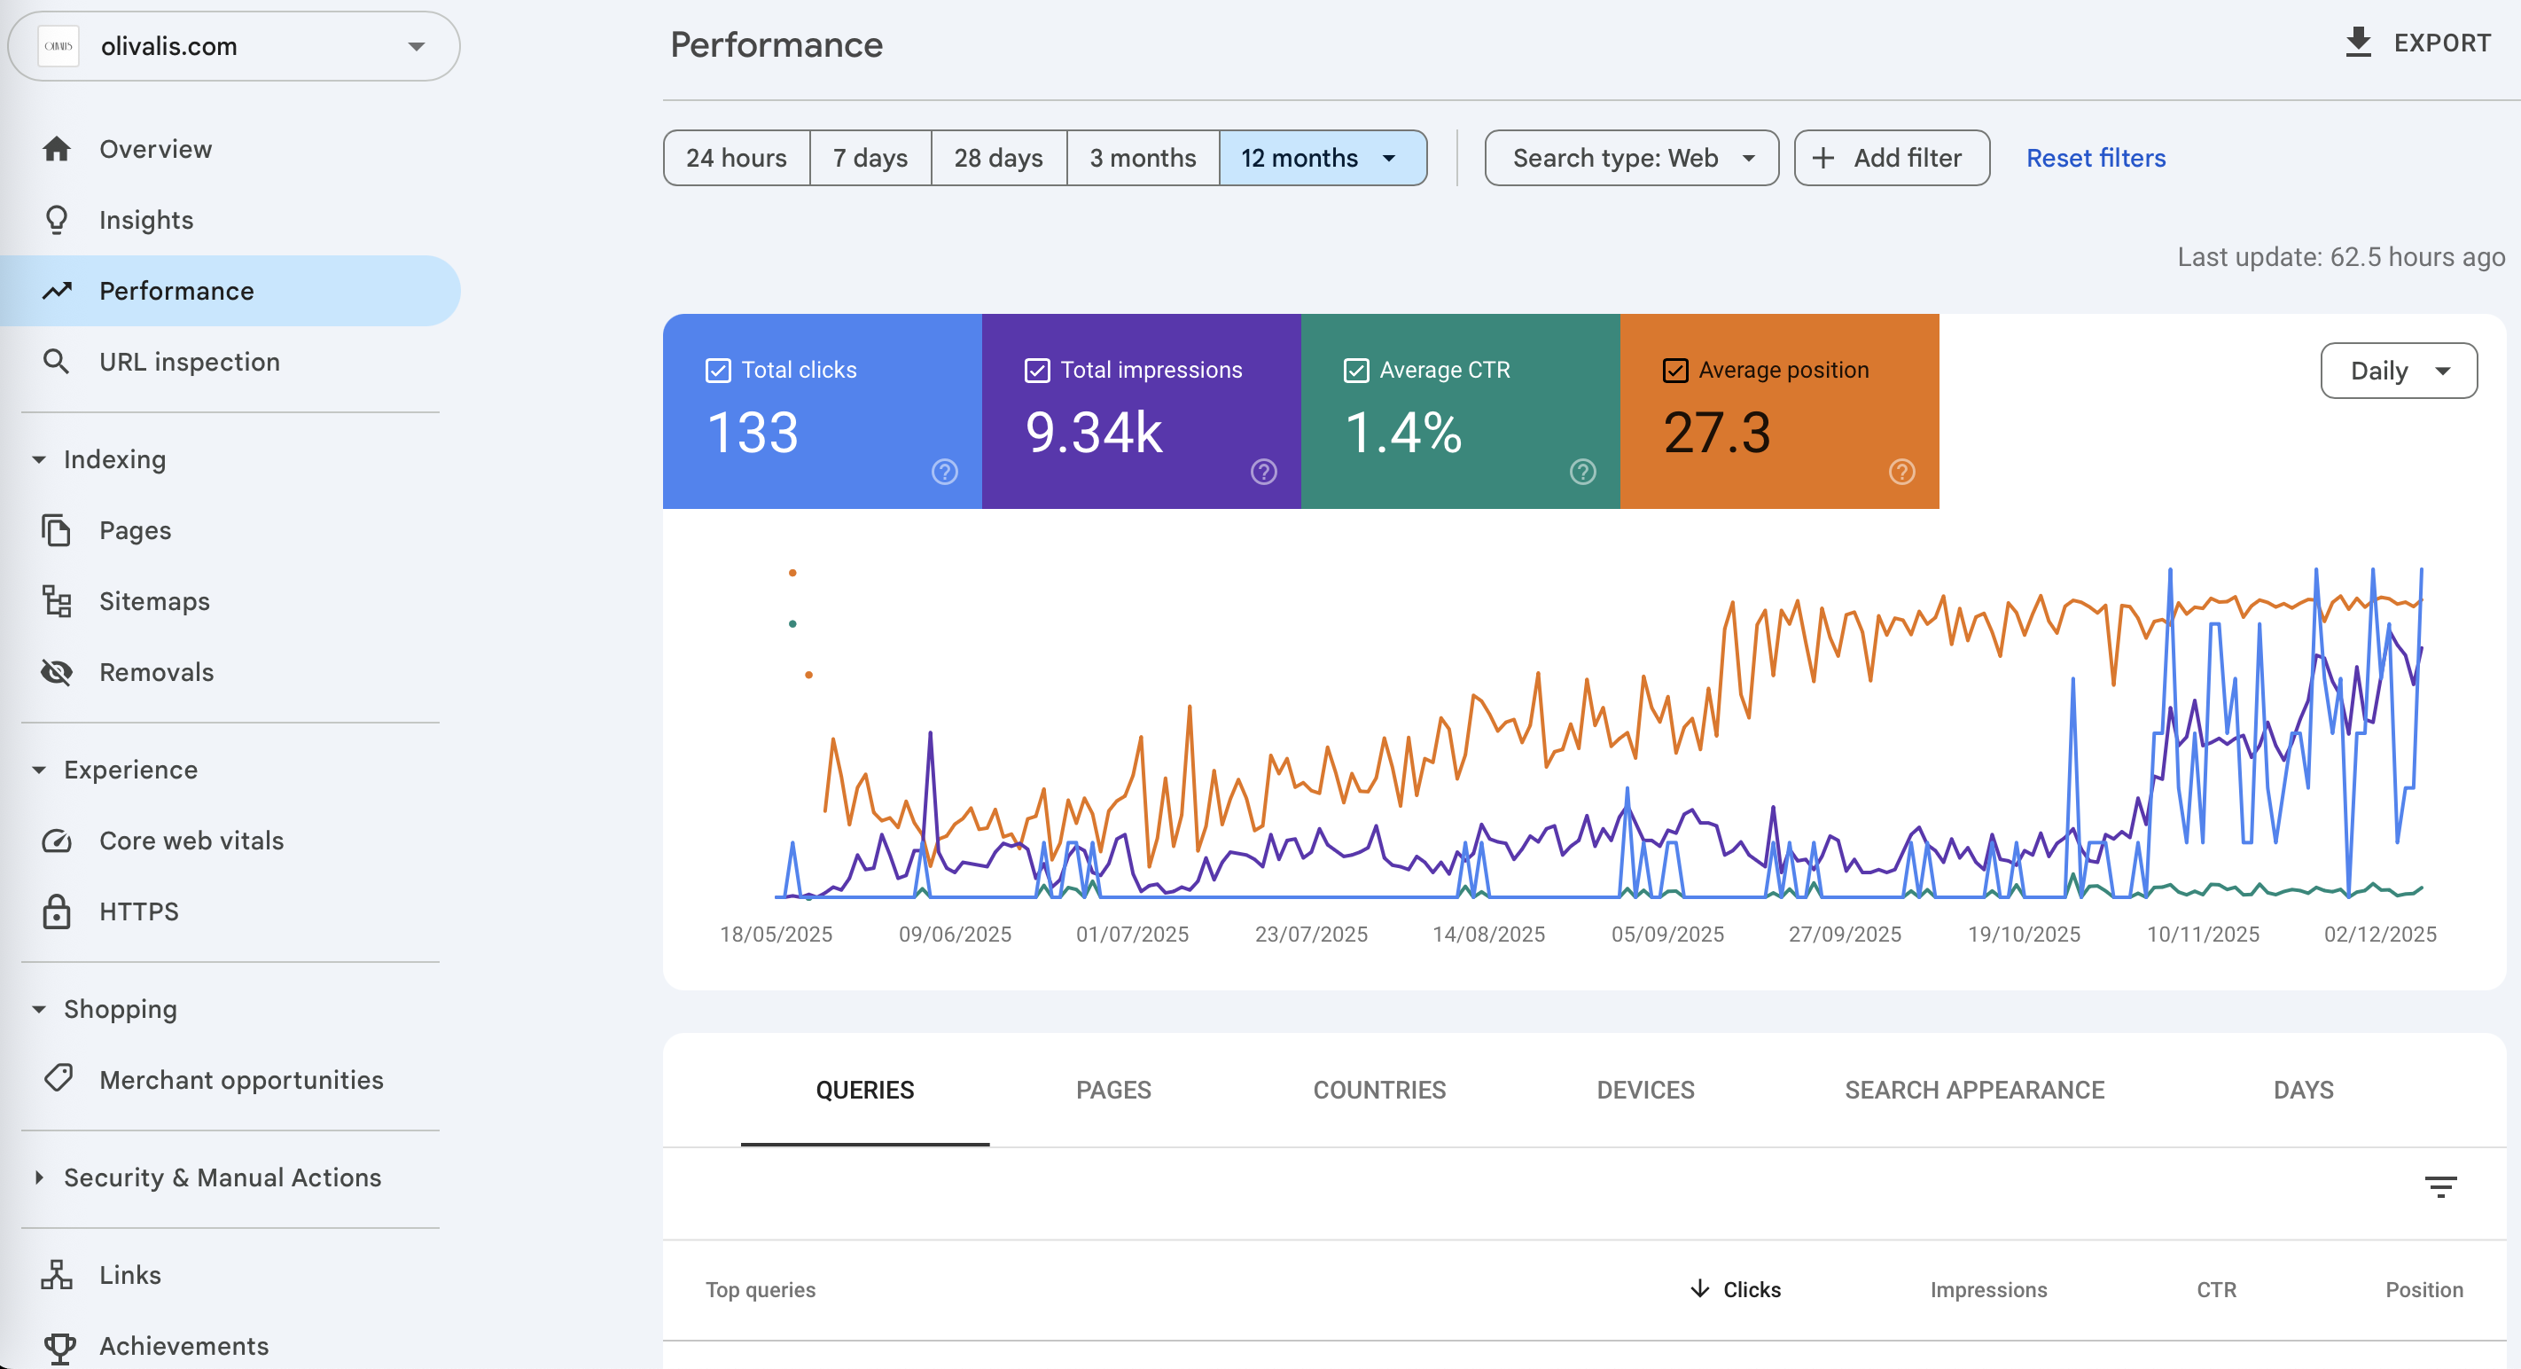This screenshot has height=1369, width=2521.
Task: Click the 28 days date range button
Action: click(x=998, y=158)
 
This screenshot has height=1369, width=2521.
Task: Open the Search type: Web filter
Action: click(x=1630, y=158)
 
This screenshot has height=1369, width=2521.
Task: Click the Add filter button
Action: click(x=1891, y=158)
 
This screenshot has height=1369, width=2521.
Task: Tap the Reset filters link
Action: click(x=2096, y=158)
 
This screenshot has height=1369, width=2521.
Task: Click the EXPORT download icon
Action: click(x=2359, y=43)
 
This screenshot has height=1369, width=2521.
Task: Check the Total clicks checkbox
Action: click(x=718, y=370)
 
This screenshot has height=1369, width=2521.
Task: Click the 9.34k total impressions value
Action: click(x=1093, y=433)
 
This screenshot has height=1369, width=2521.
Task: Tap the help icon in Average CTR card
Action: click(x=1582, y=472)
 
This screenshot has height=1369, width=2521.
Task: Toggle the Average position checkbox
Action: click(x=1675, y=370)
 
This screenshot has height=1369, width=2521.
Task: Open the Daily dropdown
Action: click(x=2398, y=371)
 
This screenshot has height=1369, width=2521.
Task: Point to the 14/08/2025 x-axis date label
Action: click(x=1488, y=934)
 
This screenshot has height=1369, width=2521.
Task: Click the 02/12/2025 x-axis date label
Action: click(x=2379, y=934)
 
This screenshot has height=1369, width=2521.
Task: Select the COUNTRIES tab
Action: click(x=1379, y=1089)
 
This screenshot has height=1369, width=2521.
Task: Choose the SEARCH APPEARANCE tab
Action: click(x=1974, y=1089)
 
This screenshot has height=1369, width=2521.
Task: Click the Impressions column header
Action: click(x=1987, y=1290)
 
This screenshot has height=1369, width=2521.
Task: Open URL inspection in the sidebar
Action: click(x=189, y=362)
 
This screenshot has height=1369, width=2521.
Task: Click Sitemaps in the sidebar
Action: click(x=153, y=601)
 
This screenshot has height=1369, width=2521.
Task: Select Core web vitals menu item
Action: click(x=191, y=841)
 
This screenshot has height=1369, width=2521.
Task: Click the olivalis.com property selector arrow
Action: click(x=417, y=46)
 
